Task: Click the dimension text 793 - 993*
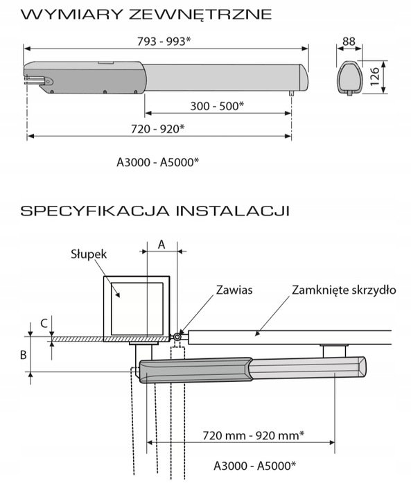[x=164, y=42]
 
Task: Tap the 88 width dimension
[x=349, y=42]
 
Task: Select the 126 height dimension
[x=375, y=76]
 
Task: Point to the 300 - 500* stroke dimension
[x=217, y=106]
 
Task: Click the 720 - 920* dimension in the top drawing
[x=157, y=129]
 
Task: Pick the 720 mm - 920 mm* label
[x=254, y=435]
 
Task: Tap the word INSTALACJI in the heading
[x=233, y=211]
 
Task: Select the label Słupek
[x=89, y=254]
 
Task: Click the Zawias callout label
[x=234, y=290]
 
